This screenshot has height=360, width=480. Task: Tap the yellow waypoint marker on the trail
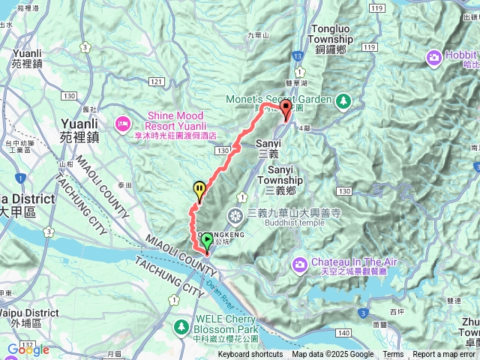tap(199, 189)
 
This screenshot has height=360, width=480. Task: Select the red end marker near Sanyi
tap(286, 109)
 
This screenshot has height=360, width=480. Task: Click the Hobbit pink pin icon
tap(434, 58)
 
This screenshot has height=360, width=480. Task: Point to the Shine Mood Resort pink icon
tap(121, 121)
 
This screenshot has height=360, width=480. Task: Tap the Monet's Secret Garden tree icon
tap(343, 100)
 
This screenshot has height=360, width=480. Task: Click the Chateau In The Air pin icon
tap(300, 263)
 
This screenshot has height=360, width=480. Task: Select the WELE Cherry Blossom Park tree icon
tap(181, 326)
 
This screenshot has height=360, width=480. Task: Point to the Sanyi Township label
tap(285, 175)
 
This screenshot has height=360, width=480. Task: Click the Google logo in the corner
tap(28, 349)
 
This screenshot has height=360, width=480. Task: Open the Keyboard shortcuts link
tap(250, 355)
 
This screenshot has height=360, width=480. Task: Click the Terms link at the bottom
tap(393, 355)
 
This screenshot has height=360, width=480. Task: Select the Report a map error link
tap(444, 355)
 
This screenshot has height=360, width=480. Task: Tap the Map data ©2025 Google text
tap(332, 355)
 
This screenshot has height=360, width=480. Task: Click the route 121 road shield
tap(156, 80)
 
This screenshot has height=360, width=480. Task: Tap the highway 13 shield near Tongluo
tap(298, 55)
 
